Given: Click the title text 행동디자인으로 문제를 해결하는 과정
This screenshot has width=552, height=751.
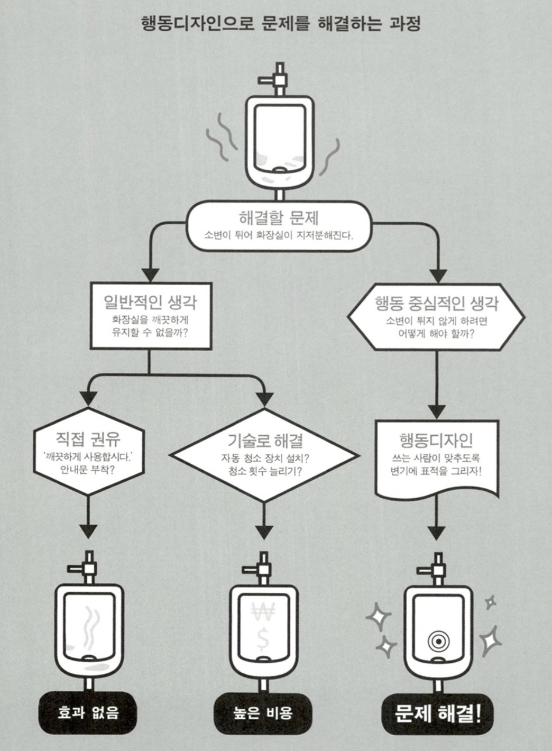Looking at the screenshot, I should click(281, 24).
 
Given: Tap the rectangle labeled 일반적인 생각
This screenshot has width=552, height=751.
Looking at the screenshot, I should click(151, 316).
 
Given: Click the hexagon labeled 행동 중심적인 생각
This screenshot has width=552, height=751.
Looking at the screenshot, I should click(436, 316).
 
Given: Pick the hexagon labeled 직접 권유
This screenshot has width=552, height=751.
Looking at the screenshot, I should click(88, 451).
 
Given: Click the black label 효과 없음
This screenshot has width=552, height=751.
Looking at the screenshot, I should click(88, 712).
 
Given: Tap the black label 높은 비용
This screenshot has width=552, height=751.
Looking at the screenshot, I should click(263, 712).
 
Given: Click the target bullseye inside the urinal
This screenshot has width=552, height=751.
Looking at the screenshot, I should click(438, 642).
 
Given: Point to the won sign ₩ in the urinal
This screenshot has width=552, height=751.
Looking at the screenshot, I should click(263, 613).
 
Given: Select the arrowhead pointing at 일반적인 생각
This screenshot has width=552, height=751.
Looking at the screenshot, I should click(151, 275).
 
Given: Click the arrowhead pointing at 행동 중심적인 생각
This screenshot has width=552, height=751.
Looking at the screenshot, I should click(438, 276).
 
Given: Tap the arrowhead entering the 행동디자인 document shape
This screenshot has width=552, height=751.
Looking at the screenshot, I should click(437, 411).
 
